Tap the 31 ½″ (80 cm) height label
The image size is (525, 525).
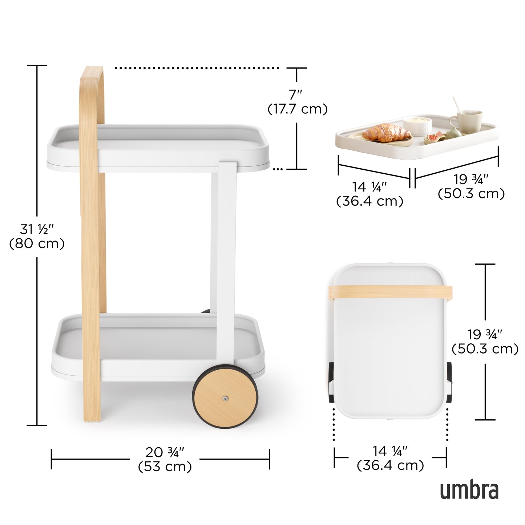coord(37,237)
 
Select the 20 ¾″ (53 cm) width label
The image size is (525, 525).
coord(165,459)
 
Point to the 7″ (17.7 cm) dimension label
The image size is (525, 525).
coord(297,102)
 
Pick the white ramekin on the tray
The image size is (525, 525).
coord(417,126)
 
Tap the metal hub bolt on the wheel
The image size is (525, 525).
coord(226,399)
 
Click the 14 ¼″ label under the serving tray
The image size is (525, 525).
coord(369,194)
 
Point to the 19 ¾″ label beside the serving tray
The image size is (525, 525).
coord(471,186)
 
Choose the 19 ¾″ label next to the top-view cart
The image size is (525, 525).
coord(485,342)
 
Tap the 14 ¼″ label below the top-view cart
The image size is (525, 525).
coord(390,458)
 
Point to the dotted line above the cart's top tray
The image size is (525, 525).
coord(196,68)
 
